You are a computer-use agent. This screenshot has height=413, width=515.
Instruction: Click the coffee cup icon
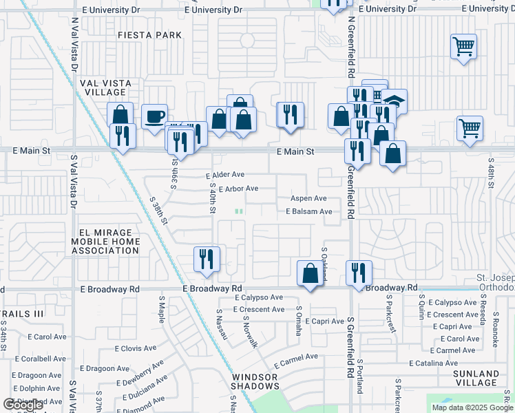pos(155,116)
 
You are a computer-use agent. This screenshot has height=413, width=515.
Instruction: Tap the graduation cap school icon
pos(395,101)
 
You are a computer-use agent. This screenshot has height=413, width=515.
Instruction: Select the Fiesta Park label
pos(149,35)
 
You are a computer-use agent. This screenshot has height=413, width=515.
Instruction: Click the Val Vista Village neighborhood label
pos(104,87)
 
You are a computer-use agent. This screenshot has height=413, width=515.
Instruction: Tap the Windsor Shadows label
pos(254,381)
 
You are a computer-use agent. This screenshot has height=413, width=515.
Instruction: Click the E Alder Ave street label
pos(225,176)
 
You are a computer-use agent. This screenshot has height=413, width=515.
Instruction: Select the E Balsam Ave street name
pos(309,212)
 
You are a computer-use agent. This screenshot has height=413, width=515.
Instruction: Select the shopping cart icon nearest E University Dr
pos(464,47)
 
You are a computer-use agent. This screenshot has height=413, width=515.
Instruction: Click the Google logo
pos(23,405)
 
